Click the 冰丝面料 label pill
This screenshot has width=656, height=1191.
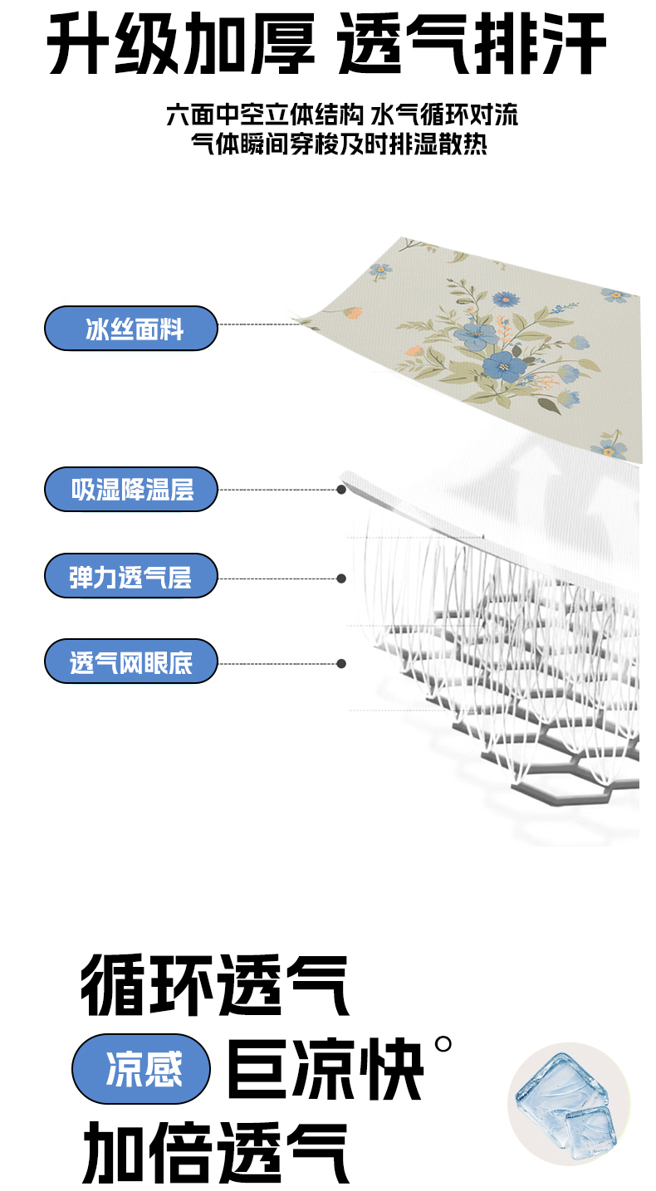(131, 328)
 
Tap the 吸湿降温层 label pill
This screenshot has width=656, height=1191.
(131, 489)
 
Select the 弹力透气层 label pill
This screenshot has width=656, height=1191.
(131, 576)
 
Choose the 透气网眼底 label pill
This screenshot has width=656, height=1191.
(131, 661)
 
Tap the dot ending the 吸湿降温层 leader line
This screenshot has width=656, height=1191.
(341, 489)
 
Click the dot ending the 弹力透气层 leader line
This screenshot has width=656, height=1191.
(341, 578)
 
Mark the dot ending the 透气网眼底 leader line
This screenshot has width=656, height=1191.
(341, 664)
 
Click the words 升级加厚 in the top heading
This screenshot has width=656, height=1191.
(181, 44)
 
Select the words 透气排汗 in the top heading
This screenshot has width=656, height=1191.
(472, 44)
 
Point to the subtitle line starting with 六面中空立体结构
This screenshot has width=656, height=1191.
(341, 115)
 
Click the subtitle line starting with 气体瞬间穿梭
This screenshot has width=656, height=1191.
(339, 143)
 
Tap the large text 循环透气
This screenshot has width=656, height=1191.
(214, 984)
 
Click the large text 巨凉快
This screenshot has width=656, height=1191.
(325, 1069)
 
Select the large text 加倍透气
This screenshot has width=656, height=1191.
(215, 1153)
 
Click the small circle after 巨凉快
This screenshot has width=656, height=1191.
(443, 1044)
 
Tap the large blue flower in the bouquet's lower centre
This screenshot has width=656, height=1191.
(503, 366)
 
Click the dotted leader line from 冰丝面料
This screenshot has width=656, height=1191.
(259, 324)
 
